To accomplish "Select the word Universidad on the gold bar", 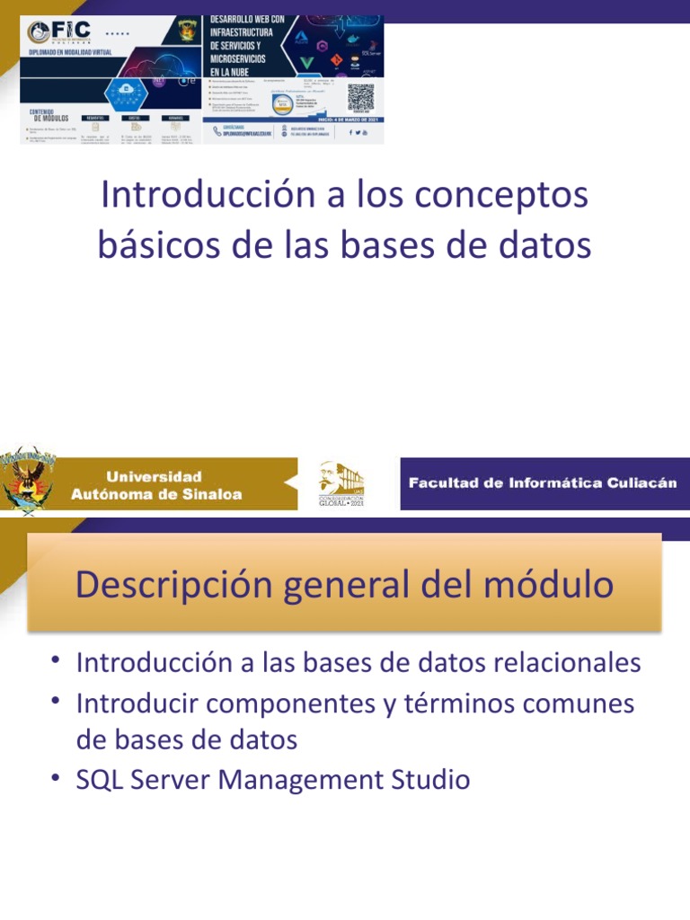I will [x=155, y=476].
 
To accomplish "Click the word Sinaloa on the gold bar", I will [x=212, y=494].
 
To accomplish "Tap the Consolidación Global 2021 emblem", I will [x=341, y=484].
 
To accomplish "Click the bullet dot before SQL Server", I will [x=57, y=775].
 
